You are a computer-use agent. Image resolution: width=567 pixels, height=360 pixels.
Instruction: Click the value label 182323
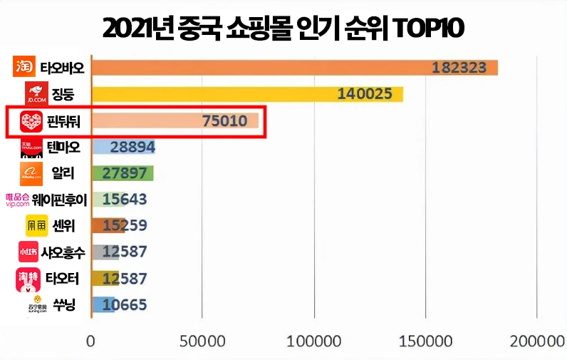click(459, 68)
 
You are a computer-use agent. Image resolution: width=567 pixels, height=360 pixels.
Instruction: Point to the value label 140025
click(364, 95)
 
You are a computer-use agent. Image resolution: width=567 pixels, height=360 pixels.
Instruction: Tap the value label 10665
click(125, 305)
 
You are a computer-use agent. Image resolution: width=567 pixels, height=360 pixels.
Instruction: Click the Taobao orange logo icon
click(25, 68)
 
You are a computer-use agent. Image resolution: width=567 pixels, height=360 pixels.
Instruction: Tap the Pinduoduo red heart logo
click(32, 122)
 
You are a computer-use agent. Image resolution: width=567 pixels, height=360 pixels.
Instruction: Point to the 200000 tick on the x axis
click(536, 341)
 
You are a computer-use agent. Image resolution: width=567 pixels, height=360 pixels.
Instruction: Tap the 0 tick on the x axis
click(90, 341)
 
